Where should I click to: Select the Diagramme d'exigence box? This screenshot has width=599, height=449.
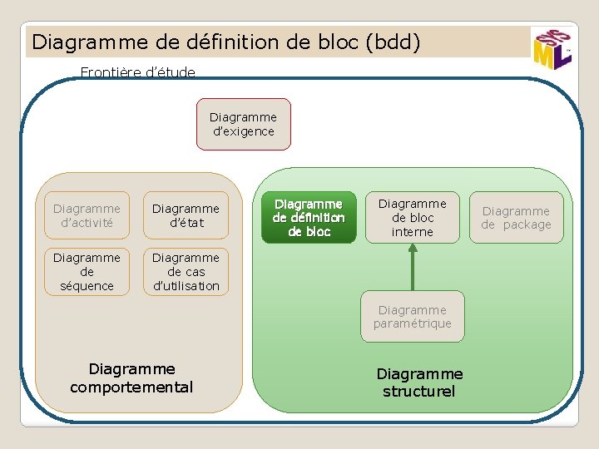click(x=243, y=125)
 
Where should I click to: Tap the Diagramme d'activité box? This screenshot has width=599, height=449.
click(x=87, y=215)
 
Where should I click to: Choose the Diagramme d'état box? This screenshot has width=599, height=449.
click(x=186, y=215)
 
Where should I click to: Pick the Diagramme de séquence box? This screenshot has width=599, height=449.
click(x=87, y=272)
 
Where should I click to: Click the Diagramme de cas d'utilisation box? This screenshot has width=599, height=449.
click(x=186, y=272)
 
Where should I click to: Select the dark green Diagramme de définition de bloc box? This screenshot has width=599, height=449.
click(x=309, y=218)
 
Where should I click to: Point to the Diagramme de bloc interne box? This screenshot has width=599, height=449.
click(x=413, y=218)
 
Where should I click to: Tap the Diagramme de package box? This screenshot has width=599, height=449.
click(x=516, y=218)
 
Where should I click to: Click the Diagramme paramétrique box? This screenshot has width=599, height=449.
click(x=413, y=317)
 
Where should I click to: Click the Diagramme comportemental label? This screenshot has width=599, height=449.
click(x=131, y=377)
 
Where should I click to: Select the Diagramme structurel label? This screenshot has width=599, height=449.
click(x=419, y=382)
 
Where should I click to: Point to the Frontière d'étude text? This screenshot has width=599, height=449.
click(x=137, y=72)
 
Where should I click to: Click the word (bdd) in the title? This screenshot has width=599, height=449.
click(x=393, y=41)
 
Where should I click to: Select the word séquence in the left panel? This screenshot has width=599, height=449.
click(x=87, y=286)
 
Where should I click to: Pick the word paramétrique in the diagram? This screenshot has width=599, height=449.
click(x=413, y=323)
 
